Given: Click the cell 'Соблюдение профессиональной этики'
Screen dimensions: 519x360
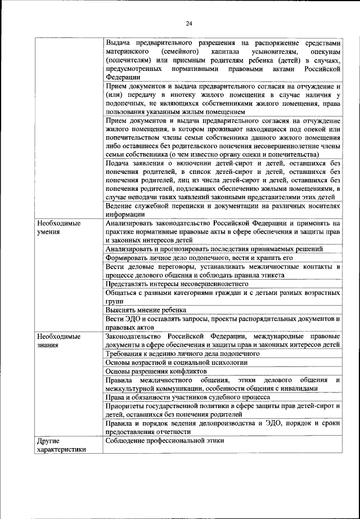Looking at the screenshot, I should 165,440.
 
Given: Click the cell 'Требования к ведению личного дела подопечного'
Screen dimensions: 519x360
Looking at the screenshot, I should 182,354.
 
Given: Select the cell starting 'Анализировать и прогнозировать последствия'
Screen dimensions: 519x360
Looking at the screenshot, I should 214,248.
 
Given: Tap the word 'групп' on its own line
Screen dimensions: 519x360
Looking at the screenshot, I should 114,301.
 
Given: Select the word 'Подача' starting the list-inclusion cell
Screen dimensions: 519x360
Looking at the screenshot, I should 119,163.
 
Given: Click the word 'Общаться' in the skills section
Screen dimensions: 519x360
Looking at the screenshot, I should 123,292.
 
